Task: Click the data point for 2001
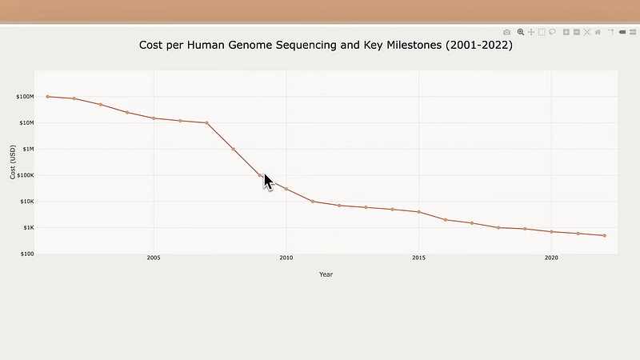[x=48, y=97]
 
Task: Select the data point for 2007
[x=206, y=123]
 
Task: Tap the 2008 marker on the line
[x=233, y=149]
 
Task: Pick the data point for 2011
[x=313, y=202]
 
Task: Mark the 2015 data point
[x=418, y=212]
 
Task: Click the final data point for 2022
[x=604, y=235]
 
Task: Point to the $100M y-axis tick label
[x=24, y=97]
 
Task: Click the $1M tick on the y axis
[x=26, y=150]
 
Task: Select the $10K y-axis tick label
[x=26, y=202]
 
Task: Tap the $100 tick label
[x=26, y=254]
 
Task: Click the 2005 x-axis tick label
[x=154, y=258]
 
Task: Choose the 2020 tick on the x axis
[x=551, y=258]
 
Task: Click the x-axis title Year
[x=326, y=274]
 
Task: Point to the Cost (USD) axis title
[x=12, y=162]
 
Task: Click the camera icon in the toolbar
[x=506, y=32]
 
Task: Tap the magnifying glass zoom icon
[x=520, y=32]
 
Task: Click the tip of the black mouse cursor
[x=265, y=174]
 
